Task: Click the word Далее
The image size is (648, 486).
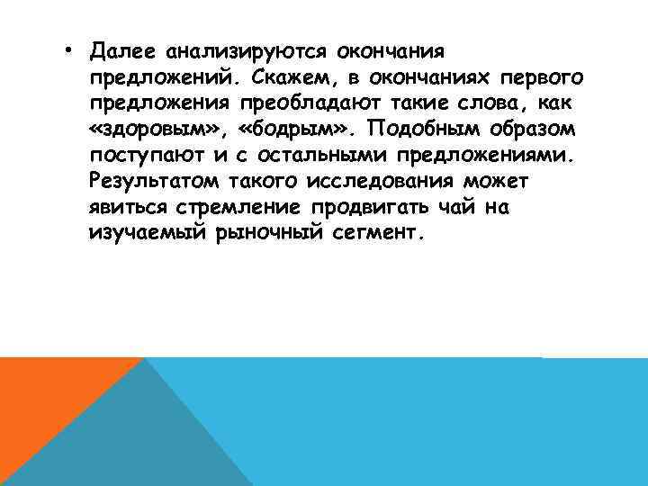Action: click(122, 46)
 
